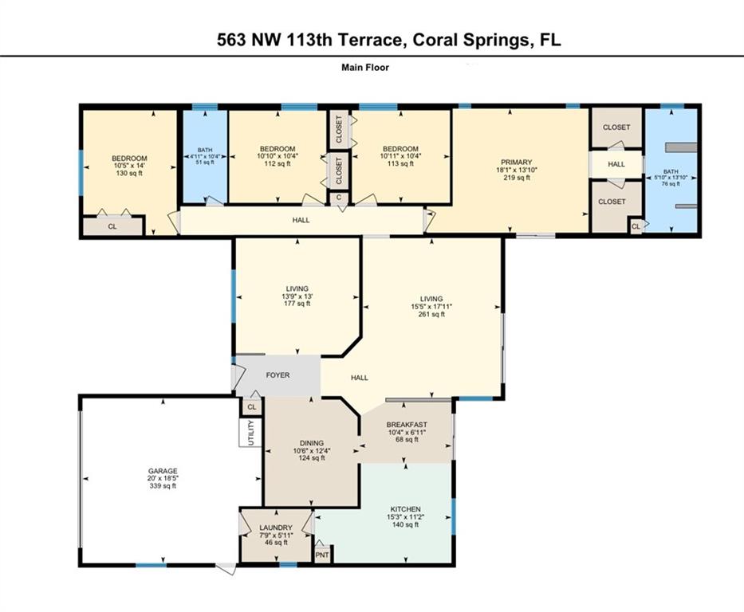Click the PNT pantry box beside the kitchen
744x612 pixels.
(322, 555)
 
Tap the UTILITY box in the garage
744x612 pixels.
(250, 433)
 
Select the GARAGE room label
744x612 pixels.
(163, 471)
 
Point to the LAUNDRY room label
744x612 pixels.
(276, 528)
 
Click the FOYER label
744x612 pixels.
(278, 375)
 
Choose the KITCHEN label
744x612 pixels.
(403, 509)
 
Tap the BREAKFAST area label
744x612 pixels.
(407, 425)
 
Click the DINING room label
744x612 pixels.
(312, 443)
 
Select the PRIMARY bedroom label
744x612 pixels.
(516, 162)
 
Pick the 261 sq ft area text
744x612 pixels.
(431, 314)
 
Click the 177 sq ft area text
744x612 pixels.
(297, 304)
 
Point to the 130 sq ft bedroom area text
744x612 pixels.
(129, 174)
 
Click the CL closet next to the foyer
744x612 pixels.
(252, 406)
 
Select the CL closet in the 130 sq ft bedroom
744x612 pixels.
(112, 226)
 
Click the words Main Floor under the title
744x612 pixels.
(365, 67)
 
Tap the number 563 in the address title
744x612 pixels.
(231, 40)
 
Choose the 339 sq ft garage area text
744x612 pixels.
(163, 486)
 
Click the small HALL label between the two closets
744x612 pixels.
(616, 164)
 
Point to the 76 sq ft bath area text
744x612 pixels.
(671, 183)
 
